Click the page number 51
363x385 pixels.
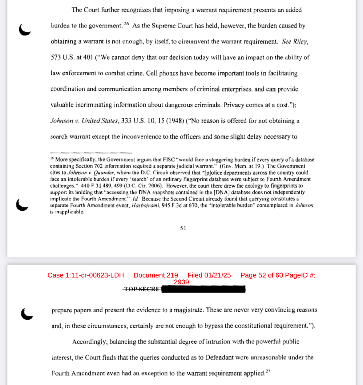tap(183, 228)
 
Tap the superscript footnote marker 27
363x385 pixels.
tap(268, 371)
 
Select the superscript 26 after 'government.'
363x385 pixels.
tap(126, 24)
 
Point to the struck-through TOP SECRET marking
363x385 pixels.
tap(142, 289)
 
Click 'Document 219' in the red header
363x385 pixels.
tap(156, 275)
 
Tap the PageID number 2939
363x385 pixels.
tap(181, 282)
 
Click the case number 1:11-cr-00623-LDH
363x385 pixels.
tap(95, 275)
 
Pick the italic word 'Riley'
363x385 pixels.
tap(300, 42)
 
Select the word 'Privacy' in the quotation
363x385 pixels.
tap(234, 105)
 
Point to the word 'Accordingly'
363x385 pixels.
tap(89, 342)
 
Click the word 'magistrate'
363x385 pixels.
tap(188, 310)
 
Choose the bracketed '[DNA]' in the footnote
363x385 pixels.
tap(221, 192)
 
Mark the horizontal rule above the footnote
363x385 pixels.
tap(91, 153)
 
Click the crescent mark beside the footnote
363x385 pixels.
tap(22, 205)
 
